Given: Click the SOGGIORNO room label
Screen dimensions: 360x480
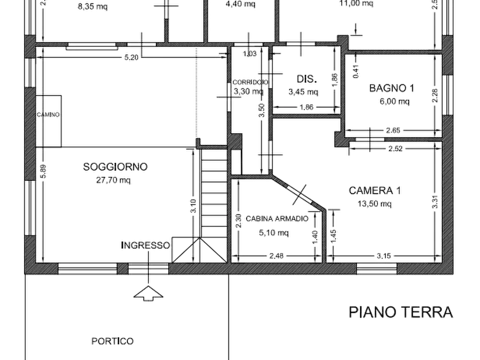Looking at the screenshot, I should pos(116,167).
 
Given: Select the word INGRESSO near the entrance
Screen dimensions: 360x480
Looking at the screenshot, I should pos(147,246).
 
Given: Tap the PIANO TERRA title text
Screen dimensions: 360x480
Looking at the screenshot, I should pos(402,312).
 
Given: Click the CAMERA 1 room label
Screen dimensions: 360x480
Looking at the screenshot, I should pos(375,190).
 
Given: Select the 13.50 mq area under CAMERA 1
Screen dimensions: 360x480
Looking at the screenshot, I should pos(374,203).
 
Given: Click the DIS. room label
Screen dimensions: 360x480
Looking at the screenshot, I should pos(305,79).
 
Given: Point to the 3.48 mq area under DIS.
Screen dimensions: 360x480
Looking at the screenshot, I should pos(304,92).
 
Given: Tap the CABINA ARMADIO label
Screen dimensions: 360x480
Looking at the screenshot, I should pos(276,219).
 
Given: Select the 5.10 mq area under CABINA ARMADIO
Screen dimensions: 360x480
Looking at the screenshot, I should pos(274,233).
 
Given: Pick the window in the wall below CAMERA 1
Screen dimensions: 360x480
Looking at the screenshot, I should pos(376,267).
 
